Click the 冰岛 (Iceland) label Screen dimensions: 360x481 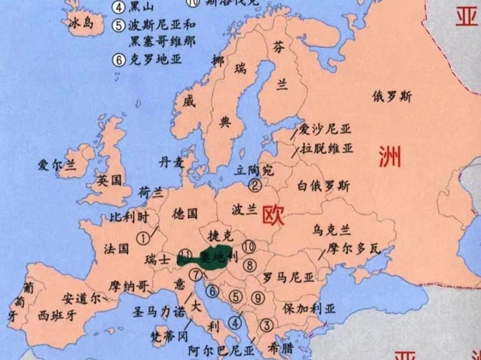80,23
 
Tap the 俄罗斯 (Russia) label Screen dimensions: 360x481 392,97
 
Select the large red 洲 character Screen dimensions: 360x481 390,157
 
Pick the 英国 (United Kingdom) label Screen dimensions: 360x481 109,181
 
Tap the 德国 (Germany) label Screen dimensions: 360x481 185,213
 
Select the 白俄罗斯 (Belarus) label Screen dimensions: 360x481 323,186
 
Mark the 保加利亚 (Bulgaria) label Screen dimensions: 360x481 309,308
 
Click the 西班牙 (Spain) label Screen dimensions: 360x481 57,316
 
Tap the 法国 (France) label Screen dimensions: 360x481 116,248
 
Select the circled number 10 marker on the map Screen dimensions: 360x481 248,247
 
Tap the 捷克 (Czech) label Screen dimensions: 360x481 219,236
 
